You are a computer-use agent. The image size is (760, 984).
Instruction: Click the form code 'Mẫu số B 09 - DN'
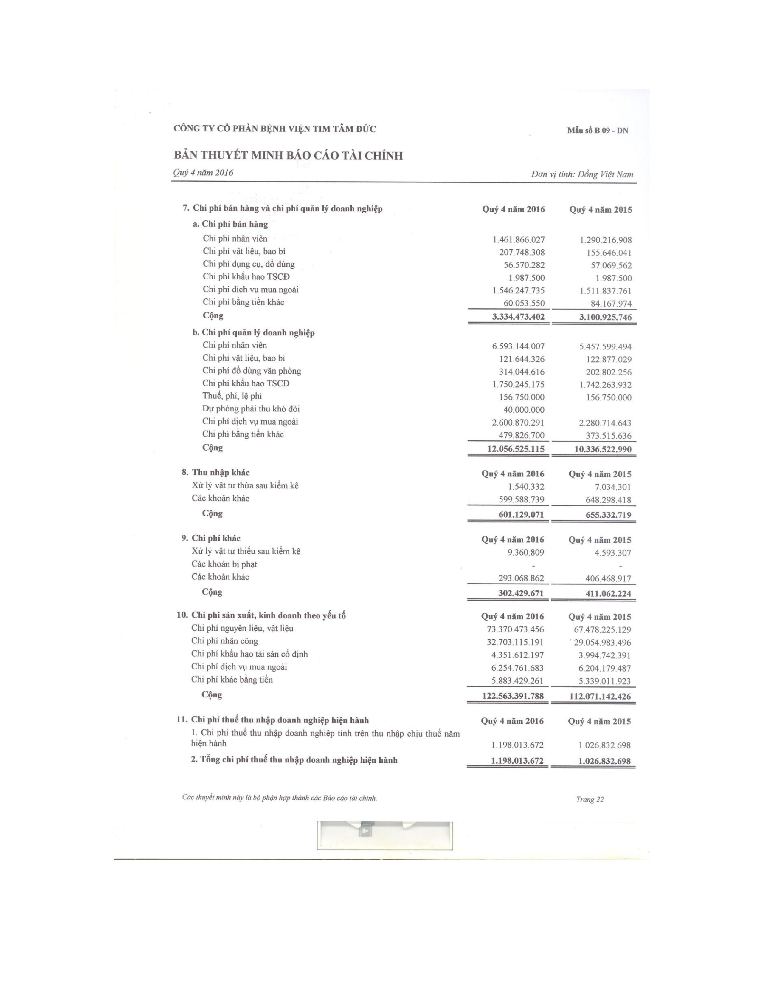[x=598, y=131]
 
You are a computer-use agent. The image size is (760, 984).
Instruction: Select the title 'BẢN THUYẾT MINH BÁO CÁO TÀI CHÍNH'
[x=288, y=156]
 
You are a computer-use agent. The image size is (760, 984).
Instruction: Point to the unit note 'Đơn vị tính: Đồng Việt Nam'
[x=582, y=174]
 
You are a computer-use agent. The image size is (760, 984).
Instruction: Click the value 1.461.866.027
[x=518, y=240]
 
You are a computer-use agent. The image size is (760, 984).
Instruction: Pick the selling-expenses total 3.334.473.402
[x=518, y=317]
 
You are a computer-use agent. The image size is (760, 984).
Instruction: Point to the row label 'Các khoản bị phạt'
[x=224, y=564]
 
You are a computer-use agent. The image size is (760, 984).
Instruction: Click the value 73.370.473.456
[x=513, y=629]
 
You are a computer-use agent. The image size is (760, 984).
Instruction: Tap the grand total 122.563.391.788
[x=513, y=696]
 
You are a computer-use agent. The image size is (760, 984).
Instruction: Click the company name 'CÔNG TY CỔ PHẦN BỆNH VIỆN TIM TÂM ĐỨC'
[x=275, y=129]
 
